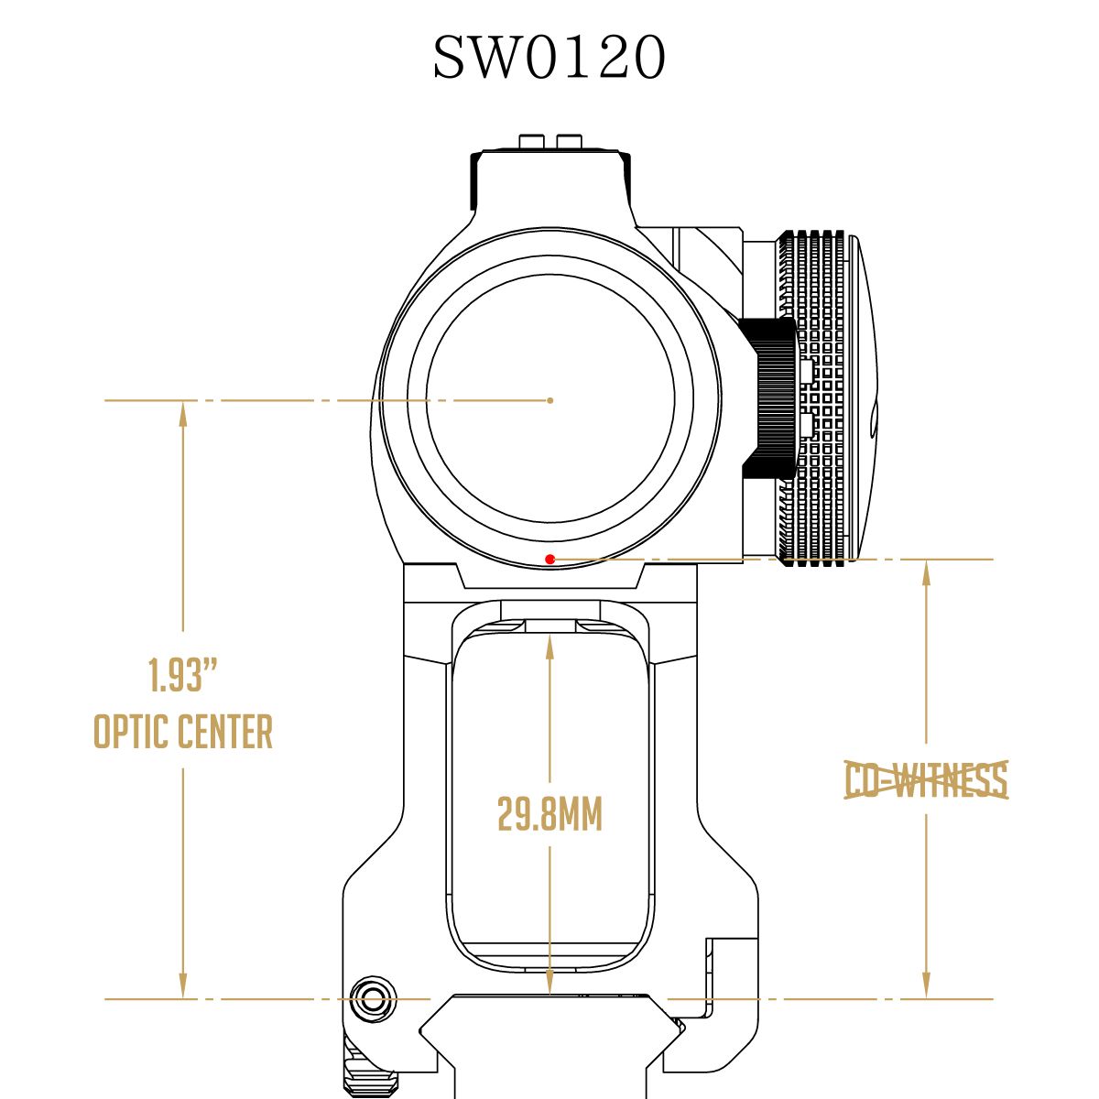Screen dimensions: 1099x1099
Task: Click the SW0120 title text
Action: click(549, 58)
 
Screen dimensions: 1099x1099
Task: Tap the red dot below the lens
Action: click(549, 559)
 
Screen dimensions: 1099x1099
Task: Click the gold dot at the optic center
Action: click(549, 400)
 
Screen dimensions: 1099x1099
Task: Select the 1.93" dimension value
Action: click(182, 675)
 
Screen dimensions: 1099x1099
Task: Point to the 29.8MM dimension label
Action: click(549, 814)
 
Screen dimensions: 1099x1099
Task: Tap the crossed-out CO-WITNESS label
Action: click(926, 780)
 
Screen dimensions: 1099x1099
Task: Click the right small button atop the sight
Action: click(569, 141)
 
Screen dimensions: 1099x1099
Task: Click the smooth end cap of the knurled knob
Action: click(861, 397)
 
